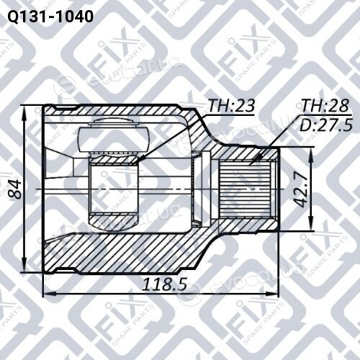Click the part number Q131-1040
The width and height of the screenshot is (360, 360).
click(x=50, y=17)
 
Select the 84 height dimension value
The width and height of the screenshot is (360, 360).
click(x=14, y=189)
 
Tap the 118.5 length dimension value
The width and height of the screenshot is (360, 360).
click(x=165, y=284)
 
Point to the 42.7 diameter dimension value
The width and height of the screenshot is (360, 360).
click(x=300, y=190)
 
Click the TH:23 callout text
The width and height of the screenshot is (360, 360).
click(x=231, y=106)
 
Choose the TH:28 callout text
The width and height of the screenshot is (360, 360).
click(x=325, y=105)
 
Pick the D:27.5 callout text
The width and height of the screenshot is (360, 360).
click(x=326, y=125)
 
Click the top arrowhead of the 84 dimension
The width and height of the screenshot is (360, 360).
click(x=24, y=107)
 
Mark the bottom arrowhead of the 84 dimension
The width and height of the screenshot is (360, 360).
click(x=24, y=271)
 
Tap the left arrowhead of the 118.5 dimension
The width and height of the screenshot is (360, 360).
click(x=44, y=293)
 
